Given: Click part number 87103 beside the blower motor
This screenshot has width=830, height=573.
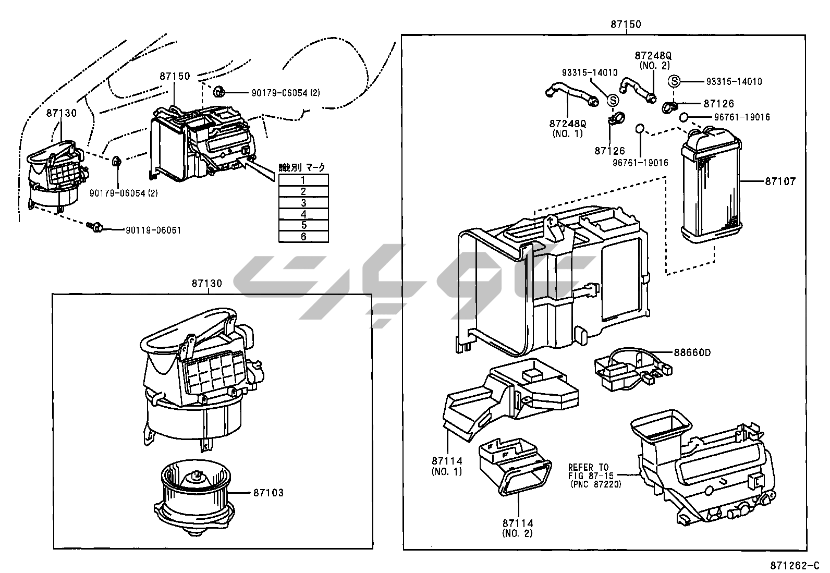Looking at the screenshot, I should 268,493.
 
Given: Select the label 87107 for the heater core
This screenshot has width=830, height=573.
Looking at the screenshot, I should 780,182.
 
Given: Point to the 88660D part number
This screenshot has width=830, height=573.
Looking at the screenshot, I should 692,353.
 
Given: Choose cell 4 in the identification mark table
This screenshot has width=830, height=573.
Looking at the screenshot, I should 303,214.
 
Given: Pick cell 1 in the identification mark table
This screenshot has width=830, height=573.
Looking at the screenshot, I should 303,180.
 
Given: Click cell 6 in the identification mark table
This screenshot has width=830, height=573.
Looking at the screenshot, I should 303,237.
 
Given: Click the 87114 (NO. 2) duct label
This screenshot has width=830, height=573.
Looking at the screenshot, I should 518,528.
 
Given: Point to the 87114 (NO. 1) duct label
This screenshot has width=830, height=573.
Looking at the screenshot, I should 447,466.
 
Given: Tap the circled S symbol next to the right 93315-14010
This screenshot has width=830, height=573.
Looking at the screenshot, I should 675,82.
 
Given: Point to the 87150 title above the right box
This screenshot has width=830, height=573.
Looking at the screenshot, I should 626,25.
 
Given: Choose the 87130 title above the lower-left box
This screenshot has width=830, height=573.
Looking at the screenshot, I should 206,284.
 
